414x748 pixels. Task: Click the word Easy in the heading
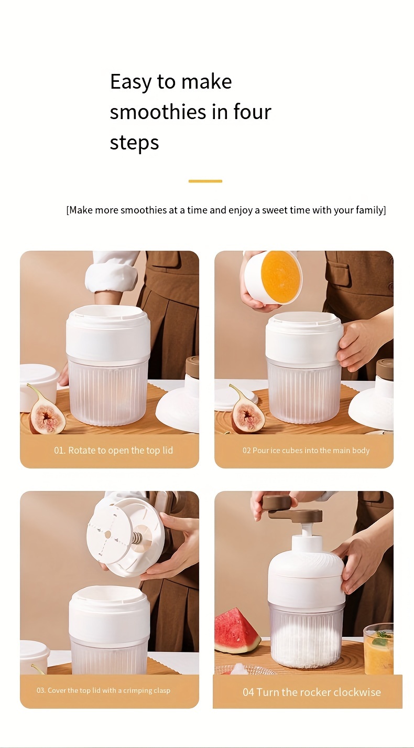[131, 82]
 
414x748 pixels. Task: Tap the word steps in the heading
[134, 143]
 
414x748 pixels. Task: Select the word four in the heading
[252, 112]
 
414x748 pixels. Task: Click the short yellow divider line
[205, 181]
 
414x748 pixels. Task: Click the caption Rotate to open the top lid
[113, 451]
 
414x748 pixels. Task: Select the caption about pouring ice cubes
[306, 451]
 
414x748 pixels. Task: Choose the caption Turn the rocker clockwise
[311, 692]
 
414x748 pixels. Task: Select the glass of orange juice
[378, 650]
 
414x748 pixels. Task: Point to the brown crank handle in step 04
[293, 508]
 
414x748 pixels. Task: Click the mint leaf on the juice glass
[382, 638]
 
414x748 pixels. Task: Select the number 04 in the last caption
[248, 692]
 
